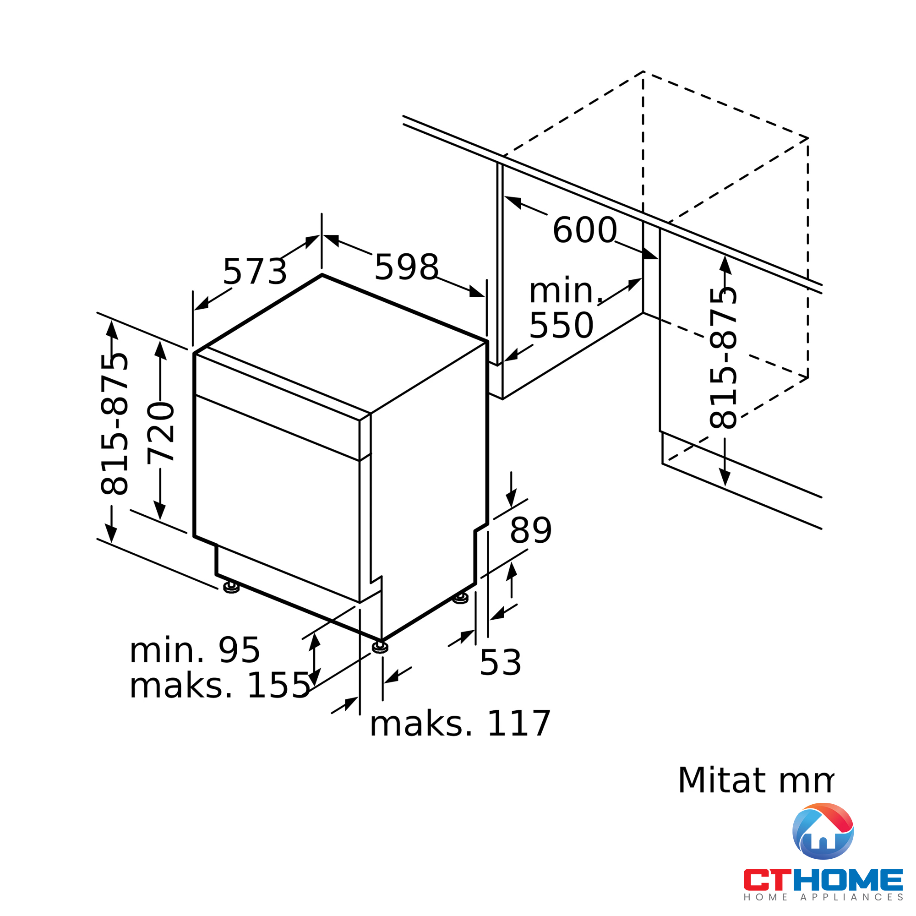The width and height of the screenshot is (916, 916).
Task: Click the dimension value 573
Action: (255, 272)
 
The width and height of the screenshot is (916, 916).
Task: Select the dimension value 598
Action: (406, 267)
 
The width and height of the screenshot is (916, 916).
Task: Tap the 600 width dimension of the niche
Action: (584, 230)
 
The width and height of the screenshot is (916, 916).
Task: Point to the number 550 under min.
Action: (561, 326)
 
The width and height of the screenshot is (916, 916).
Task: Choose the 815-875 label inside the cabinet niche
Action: (723, 359)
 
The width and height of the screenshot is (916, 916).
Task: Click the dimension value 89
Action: (530, 530)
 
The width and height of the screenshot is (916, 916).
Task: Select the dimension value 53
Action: (500, 663)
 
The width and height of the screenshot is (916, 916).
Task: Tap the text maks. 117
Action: (459, 724)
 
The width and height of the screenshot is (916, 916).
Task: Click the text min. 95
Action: (194, 650)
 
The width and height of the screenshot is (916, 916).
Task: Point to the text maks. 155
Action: (219, 686)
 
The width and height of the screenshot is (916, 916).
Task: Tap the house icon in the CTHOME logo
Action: (823, 831)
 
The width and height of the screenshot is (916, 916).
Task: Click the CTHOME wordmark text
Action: (823, 880)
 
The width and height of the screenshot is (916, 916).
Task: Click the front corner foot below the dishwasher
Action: (380, 647)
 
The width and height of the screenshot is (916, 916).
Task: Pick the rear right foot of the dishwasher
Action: (460, 598)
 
